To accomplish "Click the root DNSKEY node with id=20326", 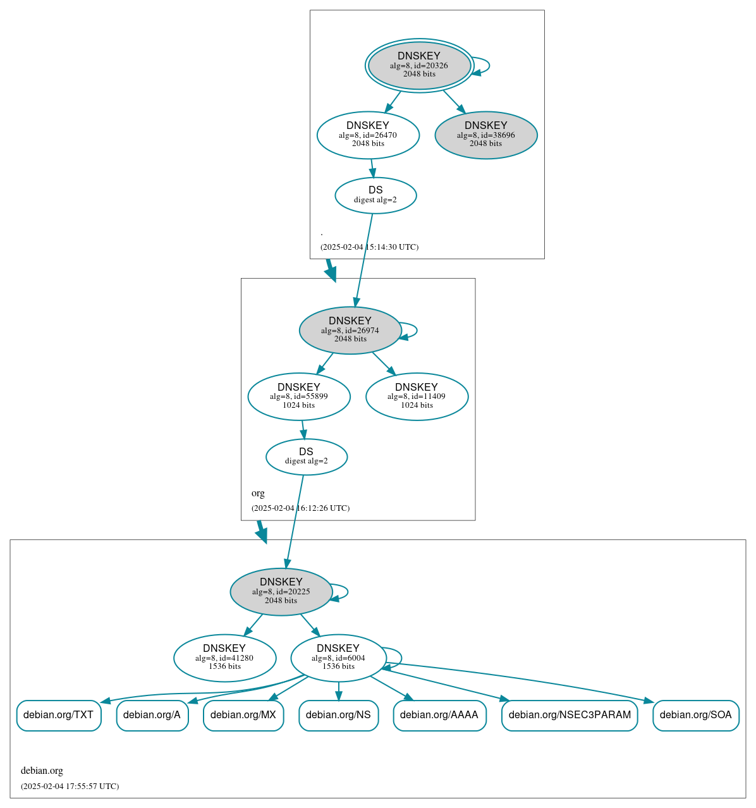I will (x=419, y=65).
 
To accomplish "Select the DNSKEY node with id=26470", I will (x=368, y=135).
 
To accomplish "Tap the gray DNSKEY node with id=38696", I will (x=485, y=135).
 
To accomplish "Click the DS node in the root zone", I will (x=375, y=195).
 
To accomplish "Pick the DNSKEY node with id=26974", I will (x=350, y=330).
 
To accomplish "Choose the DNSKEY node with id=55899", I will (x=299, y=396).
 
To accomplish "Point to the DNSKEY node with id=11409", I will (x=417, y=396).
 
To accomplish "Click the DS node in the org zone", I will (x=307, y=456).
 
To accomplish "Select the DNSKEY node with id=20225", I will (x=281, y=591).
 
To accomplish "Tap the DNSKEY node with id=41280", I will (x=224, y=658).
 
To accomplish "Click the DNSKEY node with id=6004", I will (x=338, y=658).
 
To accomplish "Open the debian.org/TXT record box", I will (x=59, y=715).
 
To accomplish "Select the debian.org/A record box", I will (x=152, y=715).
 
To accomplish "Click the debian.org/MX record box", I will (x=243, y=715).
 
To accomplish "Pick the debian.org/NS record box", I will (x=338, y=715).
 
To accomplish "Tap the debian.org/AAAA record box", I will (x=439, y=715).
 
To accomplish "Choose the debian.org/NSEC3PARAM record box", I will (x=570, y=715).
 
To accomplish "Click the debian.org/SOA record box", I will (x=695, y=715).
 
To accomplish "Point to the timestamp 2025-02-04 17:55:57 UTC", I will (x=70, y=787).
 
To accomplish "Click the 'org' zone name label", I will (x=258, y=493).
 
